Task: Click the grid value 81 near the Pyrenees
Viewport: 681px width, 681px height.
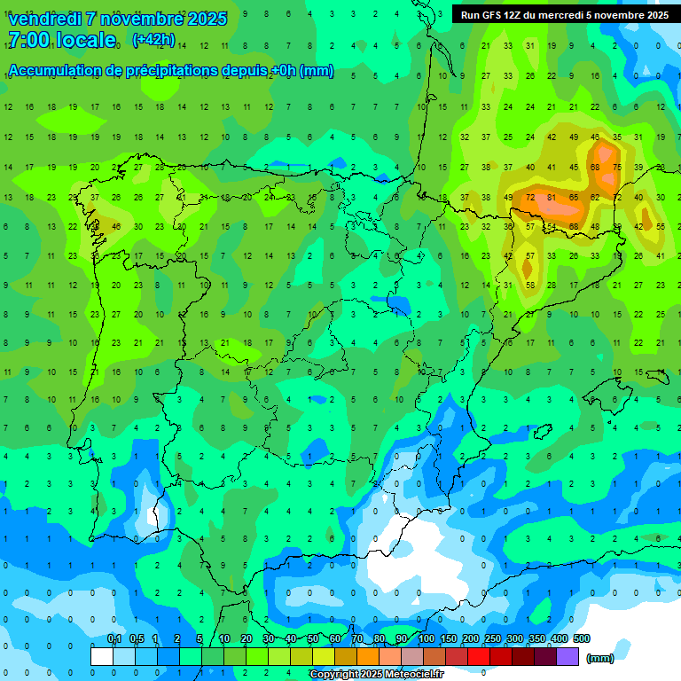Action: [552, 198]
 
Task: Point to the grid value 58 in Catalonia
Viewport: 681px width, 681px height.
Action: [530, 285]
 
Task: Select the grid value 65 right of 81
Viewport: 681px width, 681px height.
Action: [574, 198]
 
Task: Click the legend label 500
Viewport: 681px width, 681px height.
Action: [581, 638]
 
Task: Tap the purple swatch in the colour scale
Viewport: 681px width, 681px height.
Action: [567, 656]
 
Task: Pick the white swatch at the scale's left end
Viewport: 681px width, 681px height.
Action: [102, 656]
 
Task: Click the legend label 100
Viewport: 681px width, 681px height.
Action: [427, 638]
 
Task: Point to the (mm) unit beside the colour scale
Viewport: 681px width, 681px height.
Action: [600, 658]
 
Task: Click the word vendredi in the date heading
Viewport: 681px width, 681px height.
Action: [44, 19]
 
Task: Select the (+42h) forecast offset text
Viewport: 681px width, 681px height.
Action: [153, 40]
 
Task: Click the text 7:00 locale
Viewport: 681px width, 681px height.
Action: [62, 40]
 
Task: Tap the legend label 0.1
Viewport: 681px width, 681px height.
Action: [114, 638]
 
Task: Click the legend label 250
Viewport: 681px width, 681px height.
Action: [492, 638]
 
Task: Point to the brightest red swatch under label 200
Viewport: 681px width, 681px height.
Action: [479, 656]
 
